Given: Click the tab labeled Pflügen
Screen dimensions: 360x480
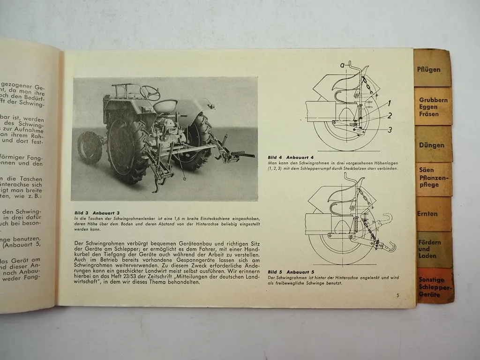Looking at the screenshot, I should point(429,69).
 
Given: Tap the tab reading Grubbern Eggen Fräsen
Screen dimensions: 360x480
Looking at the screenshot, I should point(433,107).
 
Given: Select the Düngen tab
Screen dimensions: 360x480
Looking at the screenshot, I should point(432,145).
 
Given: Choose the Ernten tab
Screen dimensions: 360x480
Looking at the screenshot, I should point(428,214).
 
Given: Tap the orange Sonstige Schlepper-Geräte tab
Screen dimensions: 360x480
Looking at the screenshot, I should point(435,287).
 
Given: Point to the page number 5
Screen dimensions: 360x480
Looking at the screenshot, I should point(397,295).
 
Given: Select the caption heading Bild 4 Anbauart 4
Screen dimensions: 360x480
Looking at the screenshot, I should point(291,157).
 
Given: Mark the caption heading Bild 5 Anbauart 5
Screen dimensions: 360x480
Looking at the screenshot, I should point(291,272).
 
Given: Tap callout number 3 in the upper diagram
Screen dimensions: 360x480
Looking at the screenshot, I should point(390,130).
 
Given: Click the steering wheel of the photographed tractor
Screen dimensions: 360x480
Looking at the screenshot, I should point(150,92).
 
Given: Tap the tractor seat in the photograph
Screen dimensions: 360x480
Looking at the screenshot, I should point(165,106).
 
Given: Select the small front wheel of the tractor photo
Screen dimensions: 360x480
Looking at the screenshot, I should point(90,147).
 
